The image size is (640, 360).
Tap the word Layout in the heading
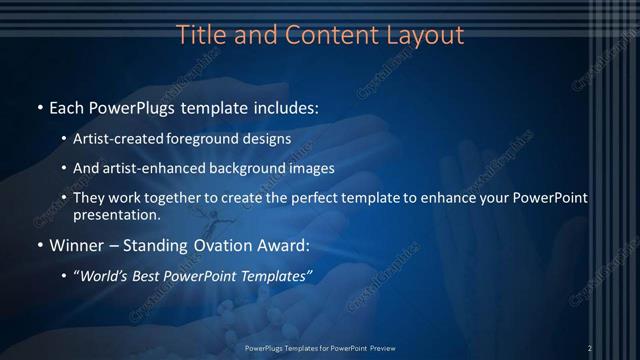(x=427, y=35)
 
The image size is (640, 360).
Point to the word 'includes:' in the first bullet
(x=284, y=106)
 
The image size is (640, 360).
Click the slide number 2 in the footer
(x=590, y=347)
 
